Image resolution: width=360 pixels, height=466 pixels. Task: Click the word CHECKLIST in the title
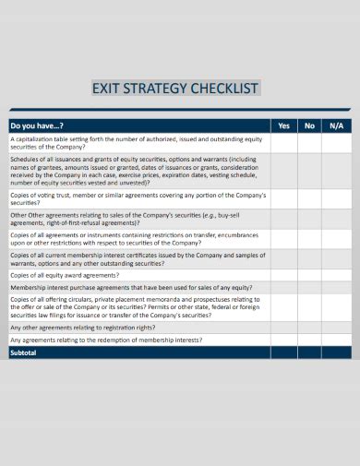tap(222, 89)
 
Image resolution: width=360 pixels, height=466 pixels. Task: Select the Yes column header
tap(283, 125)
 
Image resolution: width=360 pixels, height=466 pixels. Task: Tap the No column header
tap(309, 125)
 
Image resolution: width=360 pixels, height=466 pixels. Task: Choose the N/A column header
tap(336, 125)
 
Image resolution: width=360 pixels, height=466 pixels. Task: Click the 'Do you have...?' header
tap(37, 125)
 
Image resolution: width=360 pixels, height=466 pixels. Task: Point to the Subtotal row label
tap(23, 352)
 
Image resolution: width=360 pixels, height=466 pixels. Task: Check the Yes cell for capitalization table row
tap(283, 143)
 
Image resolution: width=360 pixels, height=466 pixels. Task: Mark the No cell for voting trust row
tap(309, 199)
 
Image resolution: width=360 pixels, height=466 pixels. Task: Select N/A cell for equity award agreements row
tap(336, 275)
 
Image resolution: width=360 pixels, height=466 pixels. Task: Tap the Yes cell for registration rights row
tap(283, 328)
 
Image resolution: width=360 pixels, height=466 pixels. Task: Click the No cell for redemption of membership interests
tap(309, 340)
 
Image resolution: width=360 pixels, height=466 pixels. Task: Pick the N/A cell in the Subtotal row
tap(336, 352)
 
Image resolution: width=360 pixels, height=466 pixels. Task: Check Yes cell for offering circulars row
tap(283, 307)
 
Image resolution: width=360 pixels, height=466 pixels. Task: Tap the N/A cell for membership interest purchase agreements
tap(336, 287)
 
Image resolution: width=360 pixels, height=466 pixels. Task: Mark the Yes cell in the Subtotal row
tap(283, 352)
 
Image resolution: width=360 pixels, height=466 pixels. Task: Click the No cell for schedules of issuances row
tap(309, 171)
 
